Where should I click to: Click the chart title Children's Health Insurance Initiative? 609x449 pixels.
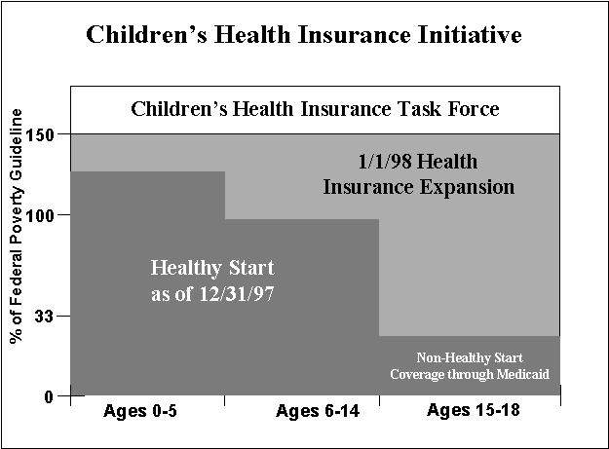tap(304, 35)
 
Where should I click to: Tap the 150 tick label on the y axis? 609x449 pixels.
tap(45, 132)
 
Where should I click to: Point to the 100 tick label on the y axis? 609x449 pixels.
tap(45, 214)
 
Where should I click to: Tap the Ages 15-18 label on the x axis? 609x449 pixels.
tap(474, 411)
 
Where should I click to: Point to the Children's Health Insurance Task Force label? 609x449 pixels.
tap(315, 108)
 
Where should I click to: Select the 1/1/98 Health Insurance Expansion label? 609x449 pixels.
tap(419, 173)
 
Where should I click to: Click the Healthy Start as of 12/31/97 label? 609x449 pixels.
tap(212, 279)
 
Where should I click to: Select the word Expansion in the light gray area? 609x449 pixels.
tap(472, 185)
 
